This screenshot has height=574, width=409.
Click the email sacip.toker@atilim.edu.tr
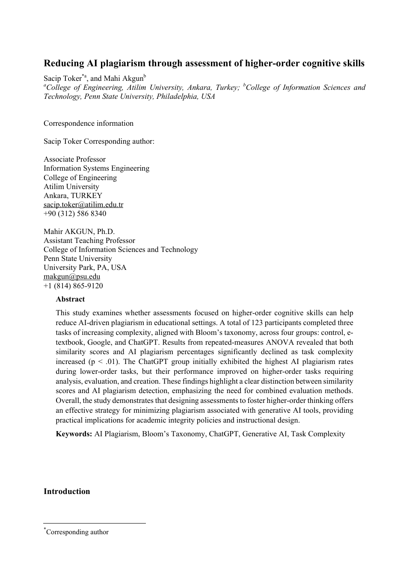[x=83, y=204]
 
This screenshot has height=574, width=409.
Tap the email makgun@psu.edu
[x=72, y=276]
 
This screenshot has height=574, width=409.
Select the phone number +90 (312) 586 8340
[x=75, y=213]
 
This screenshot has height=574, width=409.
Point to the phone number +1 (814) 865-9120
[x=73, y=286]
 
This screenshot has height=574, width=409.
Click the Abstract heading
[x=70, y=299]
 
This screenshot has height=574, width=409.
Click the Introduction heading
[x=67, y=491]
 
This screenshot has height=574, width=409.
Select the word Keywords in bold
[x=74, y=434]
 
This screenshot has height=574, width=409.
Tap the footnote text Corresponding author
[x=77, y=532]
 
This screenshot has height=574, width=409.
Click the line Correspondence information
[x=89, y=123]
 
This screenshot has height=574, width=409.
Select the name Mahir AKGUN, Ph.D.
[x=79, y=231]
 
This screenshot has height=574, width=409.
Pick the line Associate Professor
[x=74, y=159]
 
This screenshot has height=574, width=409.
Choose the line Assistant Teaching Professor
[x=89, y=240]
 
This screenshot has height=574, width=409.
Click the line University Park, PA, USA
[x=85, y=267]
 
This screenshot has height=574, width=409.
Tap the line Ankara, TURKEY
[x=73, y=195]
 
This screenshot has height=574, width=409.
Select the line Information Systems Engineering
[x=97, y=168]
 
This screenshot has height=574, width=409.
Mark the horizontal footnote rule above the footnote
[x=94, y=523]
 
